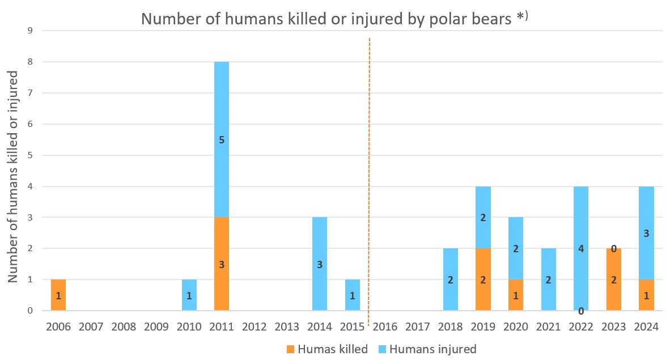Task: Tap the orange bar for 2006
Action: click(58, 295)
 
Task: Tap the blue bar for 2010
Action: click(189, 295)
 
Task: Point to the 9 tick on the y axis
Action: click(30, 31)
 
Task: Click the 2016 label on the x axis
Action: click(385, 327)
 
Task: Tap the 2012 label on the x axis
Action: click(255, 327)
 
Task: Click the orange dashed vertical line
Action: click(369, 170)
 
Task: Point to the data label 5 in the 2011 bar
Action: click(222, 139)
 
